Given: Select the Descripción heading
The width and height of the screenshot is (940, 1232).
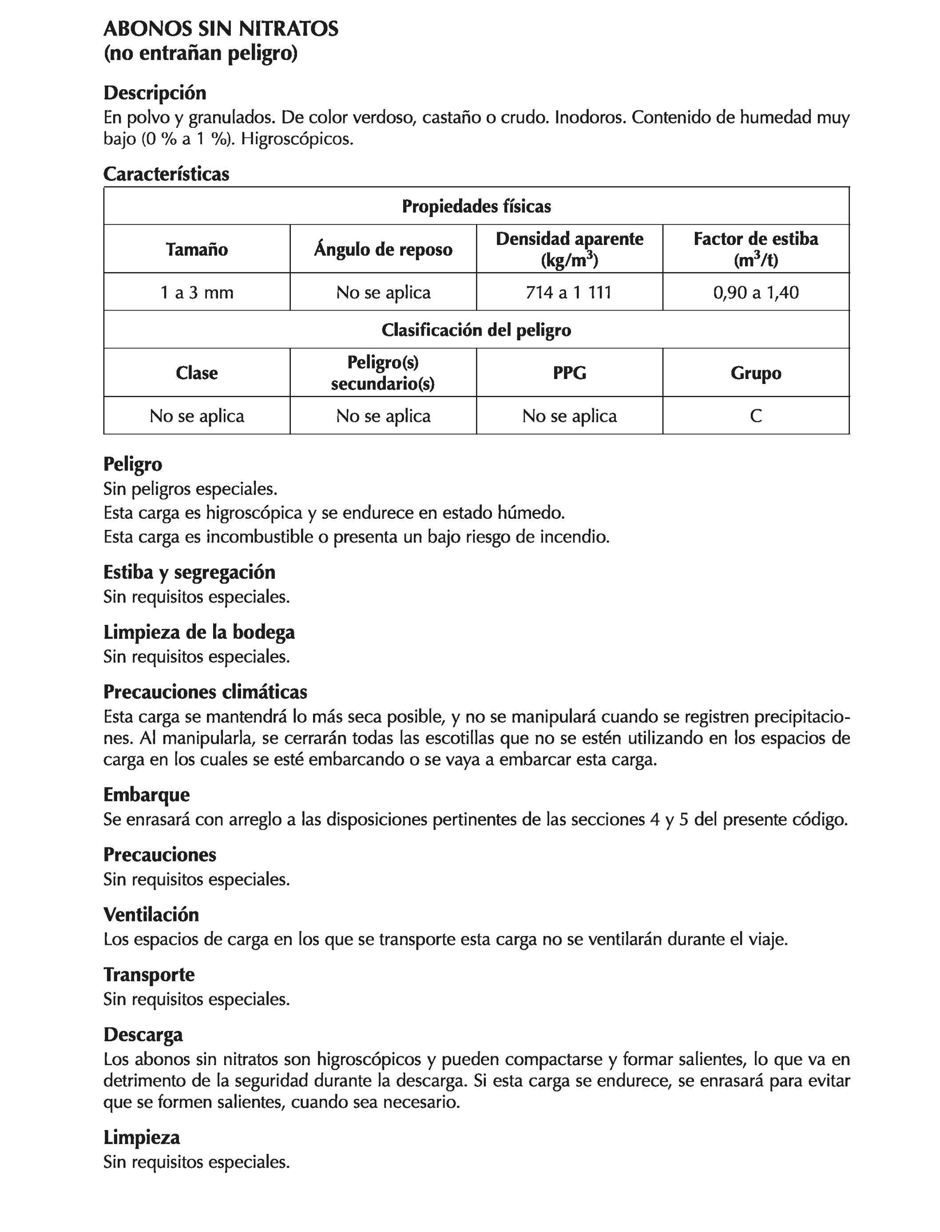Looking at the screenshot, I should [155, 92].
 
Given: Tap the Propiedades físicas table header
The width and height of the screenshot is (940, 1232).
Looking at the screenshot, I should [476, 206].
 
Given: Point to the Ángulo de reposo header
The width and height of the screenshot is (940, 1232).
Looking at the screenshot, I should [383, 249].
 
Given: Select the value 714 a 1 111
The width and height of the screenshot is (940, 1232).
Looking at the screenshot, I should [569, 292].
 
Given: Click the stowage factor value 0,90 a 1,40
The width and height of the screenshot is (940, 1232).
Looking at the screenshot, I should [755, 292].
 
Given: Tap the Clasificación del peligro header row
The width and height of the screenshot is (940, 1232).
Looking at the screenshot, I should [476, 330].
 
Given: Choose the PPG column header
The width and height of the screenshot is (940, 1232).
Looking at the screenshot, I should [569, 372].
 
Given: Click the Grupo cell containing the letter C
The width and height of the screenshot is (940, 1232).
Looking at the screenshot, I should [755, 415].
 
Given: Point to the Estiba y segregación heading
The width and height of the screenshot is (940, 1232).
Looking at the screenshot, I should [189, 572].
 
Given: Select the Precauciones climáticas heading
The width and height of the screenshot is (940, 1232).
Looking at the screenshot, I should [205, 692].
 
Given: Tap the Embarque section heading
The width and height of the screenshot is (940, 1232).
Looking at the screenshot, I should [147, 795].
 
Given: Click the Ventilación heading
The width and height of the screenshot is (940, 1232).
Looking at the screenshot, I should [151, 914].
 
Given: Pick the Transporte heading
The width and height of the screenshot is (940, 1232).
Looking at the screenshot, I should [149, 974].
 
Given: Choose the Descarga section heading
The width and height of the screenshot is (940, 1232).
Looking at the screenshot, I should [143, 1034].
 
